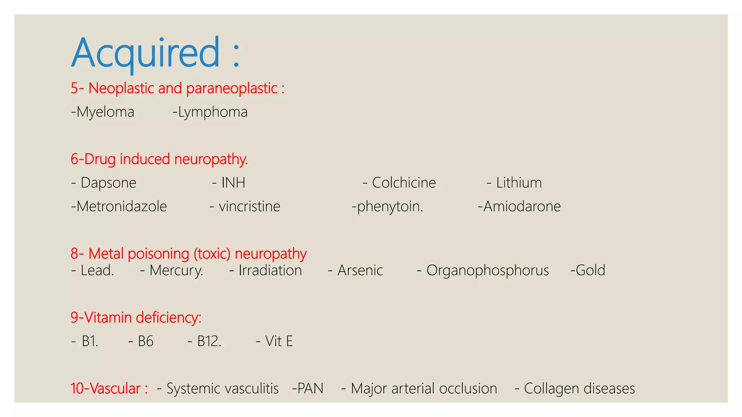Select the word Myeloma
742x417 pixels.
(x=105, y=112)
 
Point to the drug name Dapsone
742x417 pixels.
(x=108, y=183)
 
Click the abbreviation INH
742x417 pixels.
(x=233, y=183)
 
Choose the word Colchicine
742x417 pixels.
(x=404, y=183)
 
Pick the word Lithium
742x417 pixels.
(x=519, y=183)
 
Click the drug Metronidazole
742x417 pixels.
(x=121, y=206)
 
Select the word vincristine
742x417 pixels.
(x=249, y=206)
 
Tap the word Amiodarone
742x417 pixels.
(x=522, y=206)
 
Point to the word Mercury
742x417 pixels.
(x=176, y=270)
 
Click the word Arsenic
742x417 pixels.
(x=360, y=270)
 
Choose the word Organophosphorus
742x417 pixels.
(x=487, y=270)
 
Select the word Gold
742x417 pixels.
(x=590, y=270)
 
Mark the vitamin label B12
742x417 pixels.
(x=209, y=341)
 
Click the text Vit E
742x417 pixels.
(x=279, y=341)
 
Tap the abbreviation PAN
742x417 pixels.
(x=310, y=388)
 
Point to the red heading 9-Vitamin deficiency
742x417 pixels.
(x=136, y=317)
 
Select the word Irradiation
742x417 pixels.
(x=270, y=270)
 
